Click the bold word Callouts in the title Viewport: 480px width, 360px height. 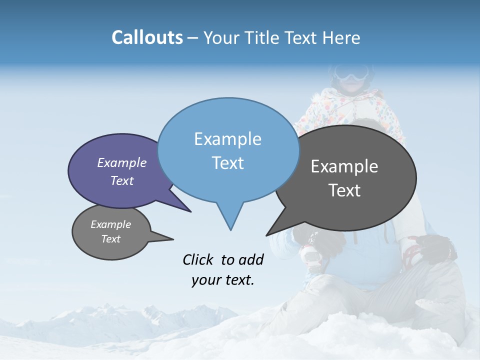[147, 37]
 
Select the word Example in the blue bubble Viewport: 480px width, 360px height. [227, 139]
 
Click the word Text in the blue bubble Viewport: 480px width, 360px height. [227, 163]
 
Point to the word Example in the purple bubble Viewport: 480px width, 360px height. [122, 163]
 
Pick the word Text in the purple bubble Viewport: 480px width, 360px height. [122, 180]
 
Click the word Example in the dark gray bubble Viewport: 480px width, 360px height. [344, 166]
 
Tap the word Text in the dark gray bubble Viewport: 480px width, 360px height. [344, 190]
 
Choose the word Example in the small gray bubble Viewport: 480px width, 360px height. [110, 224]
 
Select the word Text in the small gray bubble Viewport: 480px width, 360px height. [110, 239]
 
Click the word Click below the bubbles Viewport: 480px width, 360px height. [199, 259]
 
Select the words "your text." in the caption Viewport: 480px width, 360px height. [223, 280]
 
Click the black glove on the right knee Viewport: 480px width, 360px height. [436, 246]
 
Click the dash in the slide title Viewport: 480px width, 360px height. [193, 38]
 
